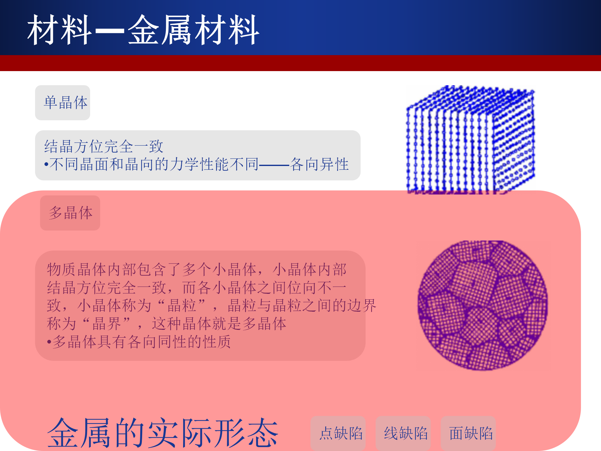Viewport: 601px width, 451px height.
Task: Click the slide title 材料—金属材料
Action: pyautogui.click(x=143, y=30)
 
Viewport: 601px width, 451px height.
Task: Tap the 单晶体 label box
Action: pyautogui.click(x=63, y=103)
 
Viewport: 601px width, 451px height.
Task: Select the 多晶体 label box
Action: pyautogui.click(x=70, y=213)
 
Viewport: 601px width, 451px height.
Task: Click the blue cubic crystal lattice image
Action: pyautogui.click(x=470, y=140)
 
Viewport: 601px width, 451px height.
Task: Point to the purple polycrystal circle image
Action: pyautogui.click(x=483, y=305)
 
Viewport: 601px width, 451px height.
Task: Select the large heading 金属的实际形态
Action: pyautogui.click(x=163, y=433)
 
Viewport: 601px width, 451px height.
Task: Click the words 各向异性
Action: pyautogui.click(x=319, y=164)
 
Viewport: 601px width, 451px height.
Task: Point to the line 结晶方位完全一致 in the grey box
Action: pyautogui.click(x=104, y=146)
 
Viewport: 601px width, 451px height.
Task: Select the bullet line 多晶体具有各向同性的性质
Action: pyautogui.click(x=139, y=342)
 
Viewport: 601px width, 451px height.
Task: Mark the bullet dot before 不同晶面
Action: pyautogui.click(x=46, y=164)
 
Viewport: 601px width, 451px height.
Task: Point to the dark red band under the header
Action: pyautogui.click(x=300, y=63)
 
